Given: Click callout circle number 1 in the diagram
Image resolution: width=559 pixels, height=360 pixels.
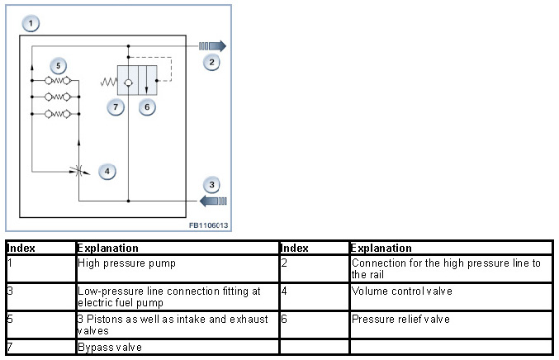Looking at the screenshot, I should tap(31, 23).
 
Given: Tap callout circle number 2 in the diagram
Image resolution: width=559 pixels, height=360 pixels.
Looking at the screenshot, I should tap(211, 62).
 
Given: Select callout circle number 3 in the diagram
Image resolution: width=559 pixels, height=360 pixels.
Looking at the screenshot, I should tap(212, 184).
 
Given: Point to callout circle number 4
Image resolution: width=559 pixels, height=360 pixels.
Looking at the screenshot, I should tap(106, 171).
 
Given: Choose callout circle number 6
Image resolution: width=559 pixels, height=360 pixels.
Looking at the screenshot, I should tap(146, 107).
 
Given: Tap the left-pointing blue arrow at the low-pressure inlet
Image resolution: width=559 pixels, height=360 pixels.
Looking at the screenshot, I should tap(212, 201).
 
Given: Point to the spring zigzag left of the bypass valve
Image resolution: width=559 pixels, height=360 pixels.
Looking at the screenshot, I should tap(107, 82).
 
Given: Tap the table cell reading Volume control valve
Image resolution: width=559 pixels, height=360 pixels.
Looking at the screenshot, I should tap(391, 291).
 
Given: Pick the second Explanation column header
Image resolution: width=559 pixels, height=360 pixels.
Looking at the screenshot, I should tap(381, 248).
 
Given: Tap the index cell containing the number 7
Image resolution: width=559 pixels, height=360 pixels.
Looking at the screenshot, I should tap(9, 346).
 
